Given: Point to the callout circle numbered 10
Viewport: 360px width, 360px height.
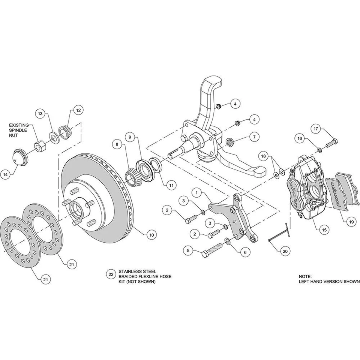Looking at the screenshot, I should coord(151,235).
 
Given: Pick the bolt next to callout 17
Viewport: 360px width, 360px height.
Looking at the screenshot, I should coord(331,143).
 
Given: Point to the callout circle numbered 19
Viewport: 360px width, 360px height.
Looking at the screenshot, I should coord(351,222).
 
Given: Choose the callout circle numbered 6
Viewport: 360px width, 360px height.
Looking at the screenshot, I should coord(245,253).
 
